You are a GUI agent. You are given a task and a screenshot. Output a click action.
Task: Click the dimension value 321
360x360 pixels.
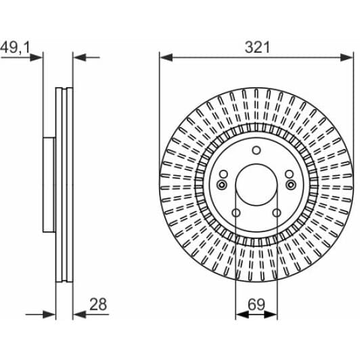pos(256,47)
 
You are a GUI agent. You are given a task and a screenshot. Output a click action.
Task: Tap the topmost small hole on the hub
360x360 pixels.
pos(256,150)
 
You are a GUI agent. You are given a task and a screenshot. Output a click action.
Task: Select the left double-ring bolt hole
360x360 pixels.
pos(222,185)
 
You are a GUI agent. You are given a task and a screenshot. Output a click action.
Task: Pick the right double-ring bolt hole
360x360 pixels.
pos(291,185)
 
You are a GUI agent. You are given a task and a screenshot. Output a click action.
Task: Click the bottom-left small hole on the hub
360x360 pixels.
pos(236,214)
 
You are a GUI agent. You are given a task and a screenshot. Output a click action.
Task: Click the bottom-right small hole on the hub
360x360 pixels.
pos(277,214)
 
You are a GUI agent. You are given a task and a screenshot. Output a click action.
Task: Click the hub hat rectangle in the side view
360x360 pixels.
pos(48,184)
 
